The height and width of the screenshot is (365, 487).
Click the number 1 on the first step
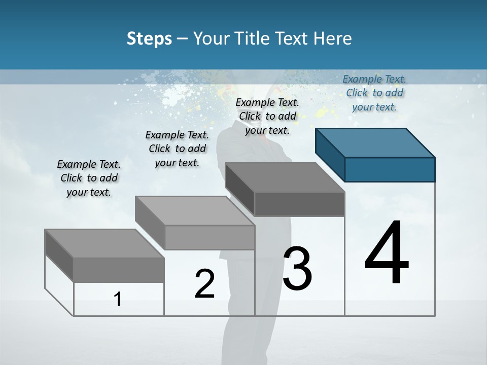118,299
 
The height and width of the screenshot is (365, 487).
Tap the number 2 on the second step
204,284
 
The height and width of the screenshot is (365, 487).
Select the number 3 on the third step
297,269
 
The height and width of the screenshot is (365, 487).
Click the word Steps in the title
149,39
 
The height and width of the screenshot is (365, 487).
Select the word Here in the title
333,39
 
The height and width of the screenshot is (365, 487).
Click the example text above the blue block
374,93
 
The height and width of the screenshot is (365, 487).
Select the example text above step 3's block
267,116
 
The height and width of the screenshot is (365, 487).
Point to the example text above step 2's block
177,149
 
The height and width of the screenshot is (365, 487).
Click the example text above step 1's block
89,178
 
